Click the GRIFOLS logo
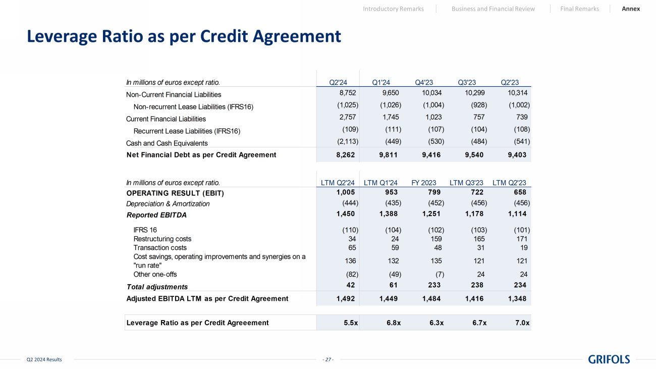609,359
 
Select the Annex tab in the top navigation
631,9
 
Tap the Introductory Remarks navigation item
393,9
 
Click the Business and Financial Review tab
493,9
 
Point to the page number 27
328,359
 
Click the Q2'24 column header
338,83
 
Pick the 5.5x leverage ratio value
348,323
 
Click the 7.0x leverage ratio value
522,323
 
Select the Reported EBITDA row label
156,215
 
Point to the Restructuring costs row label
162,239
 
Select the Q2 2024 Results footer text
44,359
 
